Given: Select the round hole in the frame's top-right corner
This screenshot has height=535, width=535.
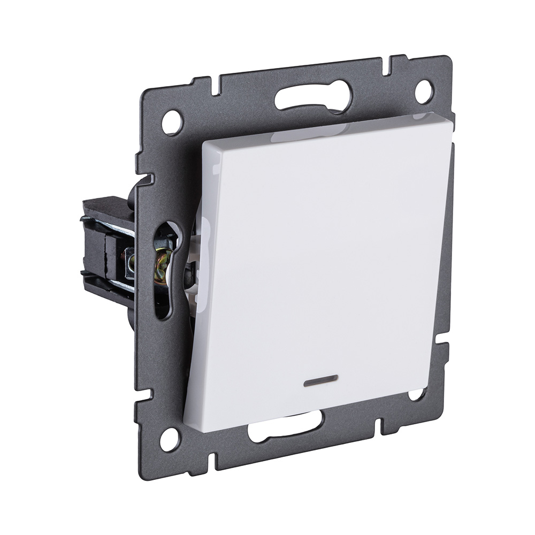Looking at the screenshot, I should pos(423,91).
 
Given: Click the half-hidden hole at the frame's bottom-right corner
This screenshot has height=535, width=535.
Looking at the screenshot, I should pos(416,395).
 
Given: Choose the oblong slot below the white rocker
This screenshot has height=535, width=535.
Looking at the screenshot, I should pos(285,426).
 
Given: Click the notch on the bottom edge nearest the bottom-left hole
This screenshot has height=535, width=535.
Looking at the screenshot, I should pos(212,461).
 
